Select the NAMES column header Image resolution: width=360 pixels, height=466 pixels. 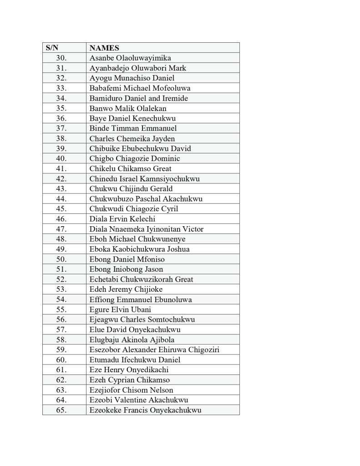point(104,48)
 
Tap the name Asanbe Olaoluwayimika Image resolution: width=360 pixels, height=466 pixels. point(130,58)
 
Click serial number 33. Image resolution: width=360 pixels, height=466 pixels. point(61,88)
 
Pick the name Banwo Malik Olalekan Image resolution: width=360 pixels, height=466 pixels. point(128,108)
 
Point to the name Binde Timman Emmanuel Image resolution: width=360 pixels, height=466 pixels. point(133,128)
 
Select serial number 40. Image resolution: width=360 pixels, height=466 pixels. point(61,158)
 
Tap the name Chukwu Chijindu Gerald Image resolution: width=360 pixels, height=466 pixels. point(131,188)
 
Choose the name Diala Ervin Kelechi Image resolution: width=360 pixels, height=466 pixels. point(122,219)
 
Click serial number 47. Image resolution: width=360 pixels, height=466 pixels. point(61,229)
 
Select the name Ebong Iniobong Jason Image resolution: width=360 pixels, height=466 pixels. point(126,269)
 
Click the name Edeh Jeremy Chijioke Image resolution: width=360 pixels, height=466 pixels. point(126,289)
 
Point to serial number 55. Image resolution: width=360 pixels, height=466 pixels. point(61,309)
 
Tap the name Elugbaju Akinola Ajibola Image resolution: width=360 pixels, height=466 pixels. point(132,339)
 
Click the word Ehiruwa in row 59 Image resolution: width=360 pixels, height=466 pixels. point(174,349)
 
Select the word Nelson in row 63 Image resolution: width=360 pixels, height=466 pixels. point(162,390)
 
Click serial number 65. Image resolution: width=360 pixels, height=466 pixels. point(61,410)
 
